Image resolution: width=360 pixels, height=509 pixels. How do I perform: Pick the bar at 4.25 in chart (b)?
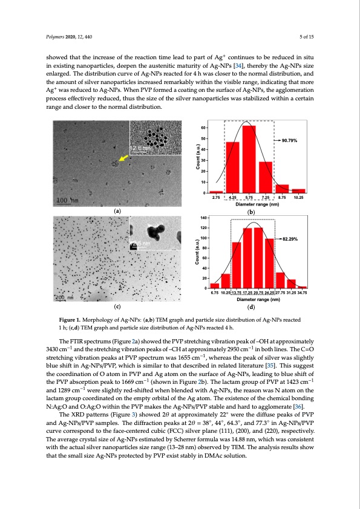(x=232, y=167)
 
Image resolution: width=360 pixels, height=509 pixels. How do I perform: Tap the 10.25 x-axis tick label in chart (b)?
(x=298, y=198)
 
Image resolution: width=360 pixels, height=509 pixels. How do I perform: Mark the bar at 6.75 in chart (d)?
(x=215, y=285)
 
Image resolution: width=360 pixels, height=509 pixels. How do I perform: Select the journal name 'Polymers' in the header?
(x=56, y=37)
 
